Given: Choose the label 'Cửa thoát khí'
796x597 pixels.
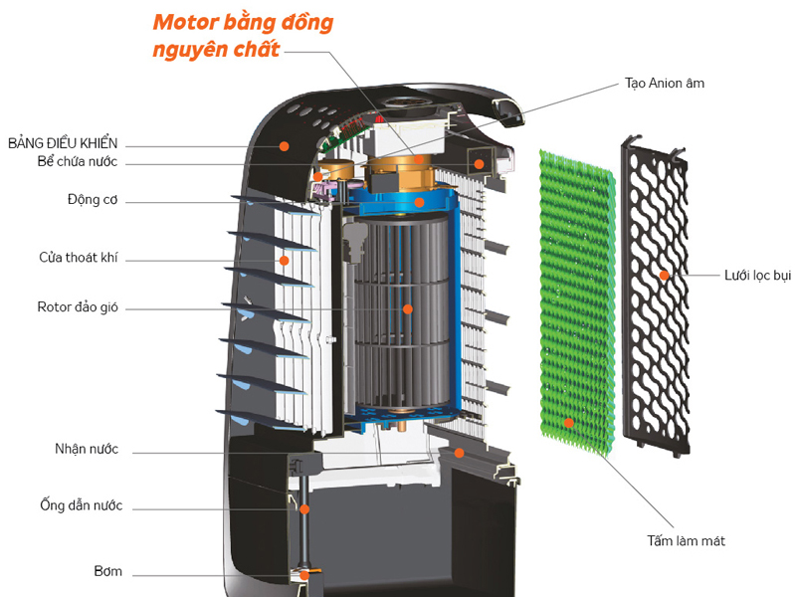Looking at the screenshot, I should (79, 259).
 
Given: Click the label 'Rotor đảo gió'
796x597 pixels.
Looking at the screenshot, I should (78, 307).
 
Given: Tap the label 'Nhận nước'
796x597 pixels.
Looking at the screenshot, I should (87, 450).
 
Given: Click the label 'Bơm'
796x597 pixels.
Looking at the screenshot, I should (107, 572).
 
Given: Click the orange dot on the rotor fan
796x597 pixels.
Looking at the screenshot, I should (407, 308).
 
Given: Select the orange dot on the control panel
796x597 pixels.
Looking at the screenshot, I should (285, 145).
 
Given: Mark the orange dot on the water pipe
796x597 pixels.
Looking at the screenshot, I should (304, 508).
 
